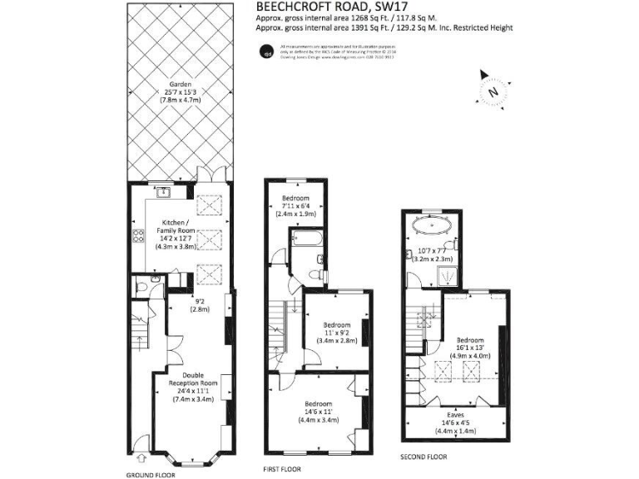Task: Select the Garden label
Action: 181,91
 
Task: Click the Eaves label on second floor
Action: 454,422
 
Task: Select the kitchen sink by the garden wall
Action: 164,193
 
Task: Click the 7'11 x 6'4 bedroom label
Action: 295,205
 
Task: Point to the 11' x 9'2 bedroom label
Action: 336,333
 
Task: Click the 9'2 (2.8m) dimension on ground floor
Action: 199,304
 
